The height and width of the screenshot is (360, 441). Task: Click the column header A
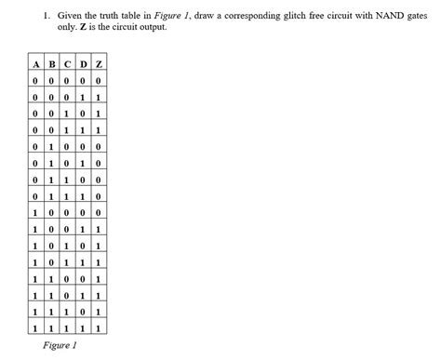tap(34, 63)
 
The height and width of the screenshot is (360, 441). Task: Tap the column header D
tap(83, 63)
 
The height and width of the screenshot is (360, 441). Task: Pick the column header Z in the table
tap(99, 63)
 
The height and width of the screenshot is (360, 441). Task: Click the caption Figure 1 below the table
tap(60, 345)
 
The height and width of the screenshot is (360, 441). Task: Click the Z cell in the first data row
tap(99, 80)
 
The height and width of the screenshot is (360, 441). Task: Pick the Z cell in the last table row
tap(99, 327)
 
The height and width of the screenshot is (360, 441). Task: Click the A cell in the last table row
tap(34, 327)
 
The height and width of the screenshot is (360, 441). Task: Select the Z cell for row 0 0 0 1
tap(99, 96)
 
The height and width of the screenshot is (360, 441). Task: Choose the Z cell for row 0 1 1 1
tap(99, 195)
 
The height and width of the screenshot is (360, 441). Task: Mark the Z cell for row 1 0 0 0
tap(99, 212)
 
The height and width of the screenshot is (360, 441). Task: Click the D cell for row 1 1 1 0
tap(83, 311)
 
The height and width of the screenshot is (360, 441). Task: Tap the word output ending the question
tap(153, 28)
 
